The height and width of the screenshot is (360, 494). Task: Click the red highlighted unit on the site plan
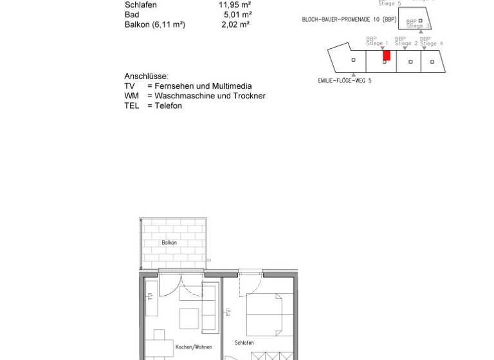point(387,55)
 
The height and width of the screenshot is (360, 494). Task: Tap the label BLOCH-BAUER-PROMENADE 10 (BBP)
point(349,20)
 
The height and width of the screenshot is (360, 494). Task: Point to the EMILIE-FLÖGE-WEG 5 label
point(344,81)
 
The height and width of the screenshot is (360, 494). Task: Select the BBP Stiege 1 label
point(377,41)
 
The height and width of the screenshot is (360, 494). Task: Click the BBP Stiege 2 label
point(405,41)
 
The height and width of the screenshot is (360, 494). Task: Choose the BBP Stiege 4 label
point(431,41)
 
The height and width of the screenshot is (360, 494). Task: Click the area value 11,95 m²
point(235,5)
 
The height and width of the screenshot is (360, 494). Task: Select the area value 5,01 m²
point(237,15)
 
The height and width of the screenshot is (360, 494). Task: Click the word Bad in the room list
point(131,15)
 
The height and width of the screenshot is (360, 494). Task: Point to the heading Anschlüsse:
point(146,76)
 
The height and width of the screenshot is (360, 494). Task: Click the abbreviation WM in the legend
point(132,96)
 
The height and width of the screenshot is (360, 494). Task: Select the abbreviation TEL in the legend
point(132,106)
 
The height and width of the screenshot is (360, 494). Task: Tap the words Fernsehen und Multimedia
point(203,86)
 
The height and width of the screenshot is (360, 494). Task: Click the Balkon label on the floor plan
point(169,243)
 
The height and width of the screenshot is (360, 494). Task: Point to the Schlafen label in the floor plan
point(244,343)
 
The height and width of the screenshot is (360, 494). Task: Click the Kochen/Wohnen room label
point(194,347)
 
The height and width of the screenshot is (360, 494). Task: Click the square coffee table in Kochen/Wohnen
point(189,319)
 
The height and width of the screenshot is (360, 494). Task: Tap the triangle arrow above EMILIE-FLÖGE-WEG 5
point(354,75)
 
